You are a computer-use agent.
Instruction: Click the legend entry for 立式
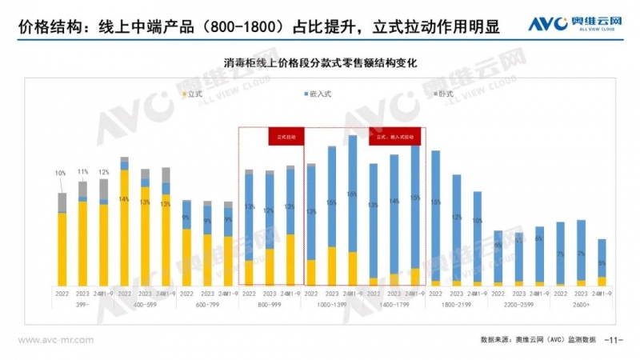199,94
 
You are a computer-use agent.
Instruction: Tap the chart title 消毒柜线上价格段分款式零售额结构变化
321,62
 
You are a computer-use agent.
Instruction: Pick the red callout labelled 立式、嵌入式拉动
395,137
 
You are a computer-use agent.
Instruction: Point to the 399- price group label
82,306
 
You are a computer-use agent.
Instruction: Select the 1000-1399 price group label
331,306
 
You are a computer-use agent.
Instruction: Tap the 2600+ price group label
581,306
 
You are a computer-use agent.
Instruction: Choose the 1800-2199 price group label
456,306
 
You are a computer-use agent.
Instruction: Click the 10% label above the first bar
62,173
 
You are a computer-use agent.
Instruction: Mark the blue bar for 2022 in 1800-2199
435,216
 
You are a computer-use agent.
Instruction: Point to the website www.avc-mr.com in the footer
56,339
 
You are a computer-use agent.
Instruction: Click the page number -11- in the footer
613,339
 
